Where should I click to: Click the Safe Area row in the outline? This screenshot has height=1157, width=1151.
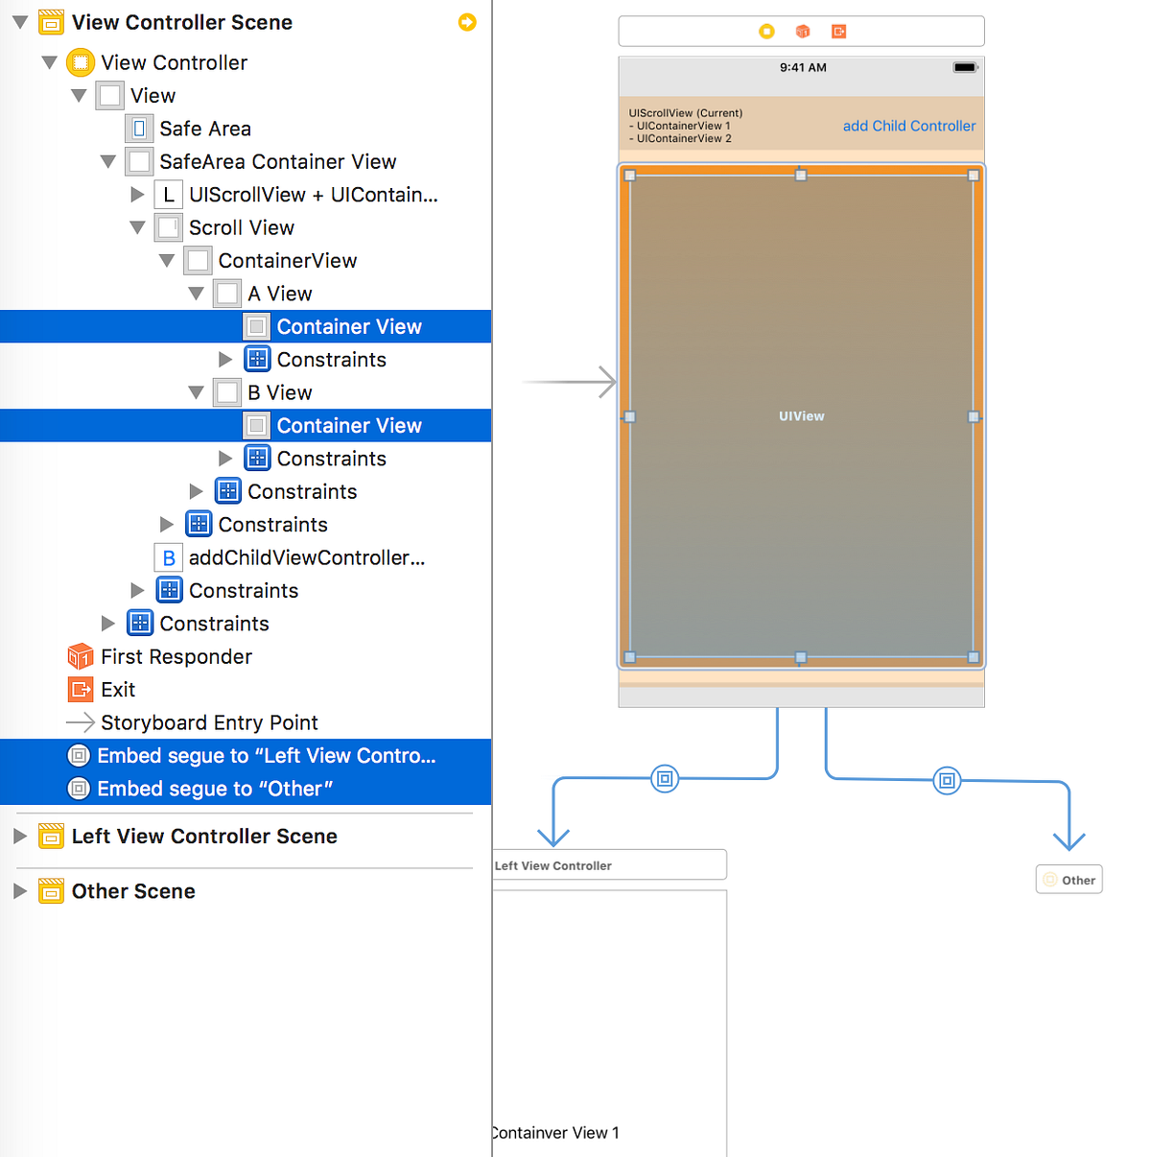point(204,129)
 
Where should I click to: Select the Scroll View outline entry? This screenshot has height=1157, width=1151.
point(241,227)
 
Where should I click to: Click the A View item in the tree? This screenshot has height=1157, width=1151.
point(279,294)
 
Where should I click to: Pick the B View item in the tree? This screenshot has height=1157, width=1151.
point(279,392)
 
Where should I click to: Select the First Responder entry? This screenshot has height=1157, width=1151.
point(176,656)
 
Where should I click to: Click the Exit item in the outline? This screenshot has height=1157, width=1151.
point(118,690)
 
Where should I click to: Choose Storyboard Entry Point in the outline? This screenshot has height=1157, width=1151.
point(209,722)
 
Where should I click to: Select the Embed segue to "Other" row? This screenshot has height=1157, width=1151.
point(215,789)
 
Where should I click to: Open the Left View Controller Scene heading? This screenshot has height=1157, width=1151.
point(204,837)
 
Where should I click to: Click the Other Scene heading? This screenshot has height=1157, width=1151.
point(133,891)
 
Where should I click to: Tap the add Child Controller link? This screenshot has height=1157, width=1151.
point(908,126)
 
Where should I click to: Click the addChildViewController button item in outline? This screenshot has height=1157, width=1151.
point(306,557)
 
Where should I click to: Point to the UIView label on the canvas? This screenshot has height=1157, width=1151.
point(801,416)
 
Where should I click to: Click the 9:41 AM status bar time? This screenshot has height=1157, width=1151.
point(803,68)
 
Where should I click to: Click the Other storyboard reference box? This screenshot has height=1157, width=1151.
point(1069,880)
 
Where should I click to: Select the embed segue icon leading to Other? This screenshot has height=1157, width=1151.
point(947,780)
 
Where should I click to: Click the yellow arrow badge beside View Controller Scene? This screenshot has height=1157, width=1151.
point(467,22)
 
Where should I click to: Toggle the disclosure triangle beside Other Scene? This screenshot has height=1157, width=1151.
point(19,891)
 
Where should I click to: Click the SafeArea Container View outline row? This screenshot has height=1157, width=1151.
point(277,161)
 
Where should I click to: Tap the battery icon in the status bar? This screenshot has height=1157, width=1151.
point(965,68)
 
